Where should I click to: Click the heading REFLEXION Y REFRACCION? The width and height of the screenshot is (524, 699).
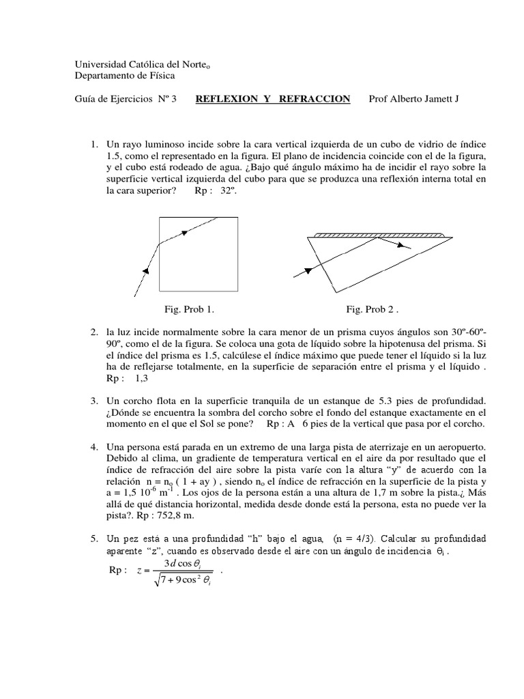[x=273, y=99]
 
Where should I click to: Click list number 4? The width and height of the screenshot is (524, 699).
[x=94, y=446]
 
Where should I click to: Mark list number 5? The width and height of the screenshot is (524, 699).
[x=94, y=539]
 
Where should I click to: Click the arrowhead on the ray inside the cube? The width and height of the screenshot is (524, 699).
[x=186, y=233]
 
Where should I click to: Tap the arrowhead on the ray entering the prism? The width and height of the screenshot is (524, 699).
[x=308, y=270]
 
